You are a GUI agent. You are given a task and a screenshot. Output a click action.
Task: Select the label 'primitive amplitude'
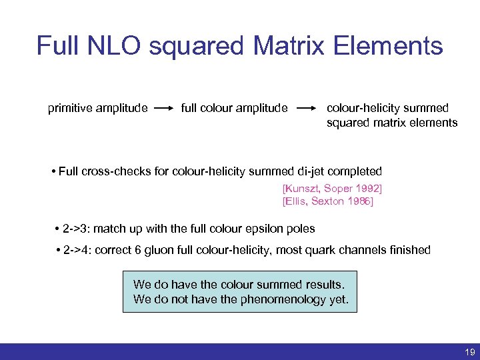point(97,108)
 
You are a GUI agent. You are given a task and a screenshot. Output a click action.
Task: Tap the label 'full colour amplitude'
point(234,108)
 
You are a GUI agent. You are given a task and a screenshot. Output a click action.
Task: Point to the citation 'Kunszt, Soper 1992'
point(332,189)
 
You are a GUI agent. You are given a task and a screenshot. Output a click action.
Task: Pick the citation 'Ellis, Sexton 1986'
point(328,201)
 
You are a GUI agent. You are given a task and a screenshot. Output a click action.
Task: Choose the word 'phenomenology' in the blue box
point(274,299)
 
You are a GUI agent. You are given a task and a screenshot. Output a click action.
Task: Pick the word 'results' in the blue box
point(324,285)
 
